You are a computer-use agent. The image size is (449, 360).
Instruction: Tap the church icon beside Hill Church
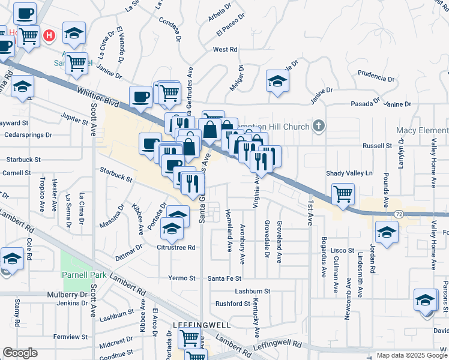(319, 126)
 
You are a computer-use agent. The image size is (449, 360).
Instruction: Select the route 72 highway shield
(399, 214)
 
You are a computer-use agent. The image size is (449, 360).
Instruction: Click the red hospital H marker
(50, 36)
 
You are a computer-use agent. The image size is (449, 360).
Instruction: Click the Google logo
(20, 353)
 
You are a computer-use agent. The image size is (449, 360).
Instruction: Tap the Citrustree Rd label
(176, 247)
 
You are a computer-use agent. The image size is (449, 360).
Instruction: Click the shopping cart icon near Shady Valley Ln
(343, 193)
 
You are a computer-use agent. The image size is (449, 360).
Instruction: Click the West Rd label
(225, 50)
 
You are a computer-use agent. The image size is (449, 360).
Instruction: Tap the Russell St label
(379, 146)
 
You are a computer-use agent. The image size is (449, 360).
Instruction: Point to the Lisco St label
(342, 250)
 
